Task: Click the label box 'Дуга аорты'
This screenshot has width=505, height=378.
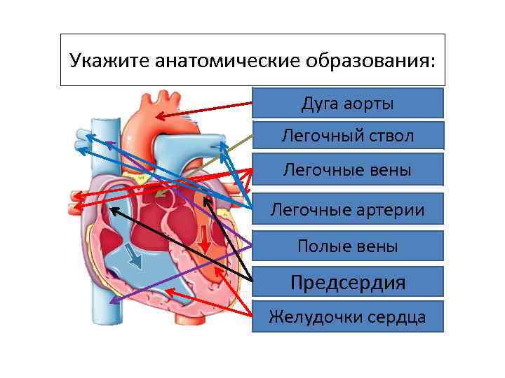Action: (x=348, y=103)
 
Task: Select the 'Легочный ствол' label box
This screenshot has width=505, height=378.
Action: (x=348, y=135)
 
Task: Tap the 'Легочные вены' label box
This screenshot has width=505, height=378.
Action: (x=348, y=169)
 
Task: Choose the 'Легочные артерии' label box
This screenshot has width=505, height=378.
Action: (x=348, y=209)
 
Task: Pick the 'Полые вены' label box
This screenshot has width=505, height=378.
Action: (x=348, y=246)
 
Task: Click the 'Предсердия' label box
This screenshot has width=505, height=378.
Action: (x=348, y=282)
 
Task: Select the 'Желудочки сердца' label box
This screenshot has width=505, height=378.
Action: (x=348, y=316)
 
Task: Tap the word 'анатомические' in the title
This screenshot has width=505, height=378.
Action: (x=224, y=60)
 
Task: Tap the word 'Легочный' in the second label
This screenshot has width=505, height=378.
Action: (x=312, y=136)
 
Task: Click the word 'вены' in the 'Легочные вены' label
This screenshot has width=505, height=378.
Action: (x=392, y=170)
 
